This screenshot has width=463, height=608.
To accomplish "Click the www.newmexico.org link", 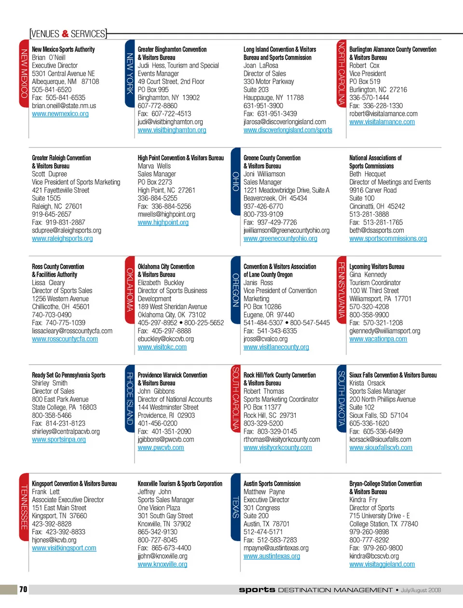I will point(60,114).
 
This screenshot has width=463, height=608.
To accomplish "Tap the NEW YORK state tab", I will point(130,73).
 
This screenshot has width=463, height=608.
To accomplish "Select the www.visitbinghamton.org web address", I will point(172,130).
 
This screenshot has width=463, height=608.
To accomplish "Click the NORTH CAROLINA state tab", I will point(341,73).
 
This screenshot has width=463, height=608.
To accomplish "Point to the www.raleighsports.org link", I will point(62,238).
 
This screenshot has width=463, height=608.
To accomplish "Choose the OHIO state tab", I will point(236,181).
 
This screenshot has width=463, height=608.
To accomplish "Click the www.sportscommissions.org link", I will point(388,238).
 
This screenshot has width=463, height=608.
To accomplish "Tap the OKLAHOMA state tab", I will point(130,290).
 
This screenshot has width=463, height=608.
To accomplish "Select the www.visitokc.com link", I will point(162,347).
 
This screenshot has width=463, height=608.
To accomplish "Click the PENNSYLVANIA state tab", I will point(341,290).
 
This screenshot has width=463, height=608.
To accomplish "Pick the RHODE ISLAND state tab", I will point(130,399).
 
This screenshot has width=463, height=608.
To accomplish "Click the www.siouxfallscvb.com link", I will point(381,448).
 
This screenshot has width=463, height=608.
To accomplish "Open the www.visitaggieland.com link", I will point(382,564).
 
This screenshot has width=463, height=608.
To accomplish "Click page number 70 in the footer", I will point(23,589).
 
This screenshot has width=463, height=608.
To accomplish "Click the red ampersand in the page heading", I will point(65,34).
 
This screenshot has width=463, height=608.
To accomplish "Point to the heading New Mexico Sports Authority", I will point(63,49).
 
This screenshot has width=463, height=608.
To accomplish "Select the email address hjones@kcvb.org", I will point(54,540).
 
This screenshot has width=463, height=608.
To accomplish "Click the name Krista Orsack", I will point(367,383).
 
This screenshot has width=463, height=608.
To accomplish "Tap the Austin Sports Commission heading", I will point(272,484).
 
